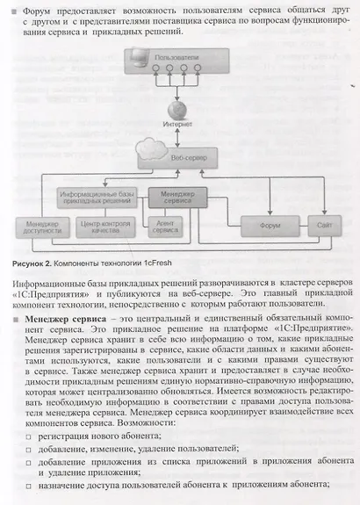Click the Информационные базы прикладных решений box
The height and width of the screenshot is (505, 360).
[97, 196]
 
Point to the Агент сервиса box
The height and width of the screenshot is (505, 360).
[167, 227]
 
